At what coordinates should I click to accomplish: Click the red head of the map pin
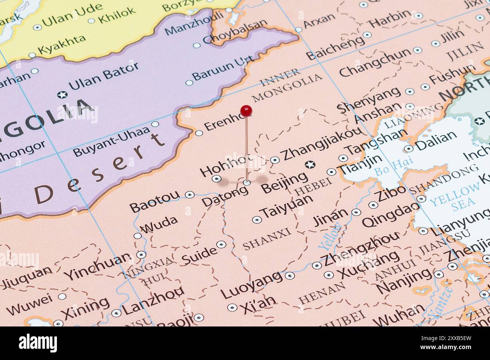[246, 111]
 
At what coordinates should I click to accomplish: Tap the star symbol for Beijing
[311, 165]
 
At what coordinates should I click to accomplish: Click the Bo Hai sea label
[393, 168]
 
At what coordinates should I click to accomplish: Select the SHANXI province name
[267, 239]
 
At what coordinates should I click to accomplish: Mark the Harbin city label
[389, 18]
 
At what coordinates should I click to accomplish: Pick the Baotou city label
[155, 202]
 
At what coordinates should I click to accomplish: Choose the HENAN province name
[322, 293]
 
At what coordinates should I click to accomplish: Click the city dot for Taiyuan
[257, 220]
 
